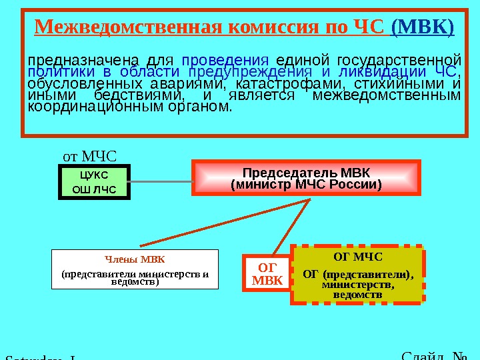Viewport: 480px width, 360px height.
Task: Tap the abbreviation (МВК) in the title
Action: tap(423, 29)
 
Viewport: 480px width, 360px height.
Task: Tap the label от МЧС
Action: tap(89, 157)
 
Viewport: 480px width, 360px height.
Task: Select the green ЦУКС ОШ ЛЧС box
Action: tap(93, 183)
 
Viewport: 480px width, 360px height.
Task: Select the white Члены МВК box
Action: tap(135, 269)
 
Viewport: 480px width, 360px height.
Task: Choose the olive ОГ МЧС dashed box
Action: tap(357, 275)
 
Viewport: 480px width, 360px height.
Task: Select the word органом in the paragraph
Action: tap(203, 107)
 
